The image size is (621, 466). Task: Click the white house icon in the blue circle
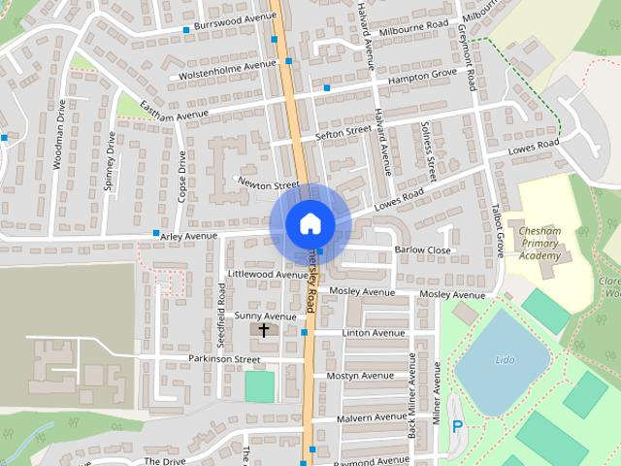click(x=310, y=223)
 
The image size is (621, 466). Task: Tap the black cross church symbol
click(x=263, y=331)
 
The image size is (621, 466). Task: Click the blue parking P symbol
click(x=457, y=426)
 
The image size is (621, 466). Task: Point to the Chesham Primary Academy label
click(x=540, y=244)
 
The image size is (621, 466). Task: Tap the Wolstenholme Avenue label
click(x=222, y=70)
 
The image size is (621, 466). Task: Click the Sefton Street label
click(x=343, y=131)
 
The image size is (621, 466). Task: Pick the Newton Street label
click(x=270, y=183)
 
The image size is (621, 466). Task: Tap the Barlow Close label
click(x=423, y=250)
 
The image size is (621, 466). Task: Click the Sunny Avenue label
click(x=265, y=316)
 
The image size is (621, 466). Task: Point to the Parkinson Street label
click(x=224, y=359)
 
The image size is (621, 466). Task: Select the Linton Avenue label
click(x=374, y=333)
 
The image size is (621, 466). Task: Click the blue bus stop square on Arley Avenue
click(x=156, y=233)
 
